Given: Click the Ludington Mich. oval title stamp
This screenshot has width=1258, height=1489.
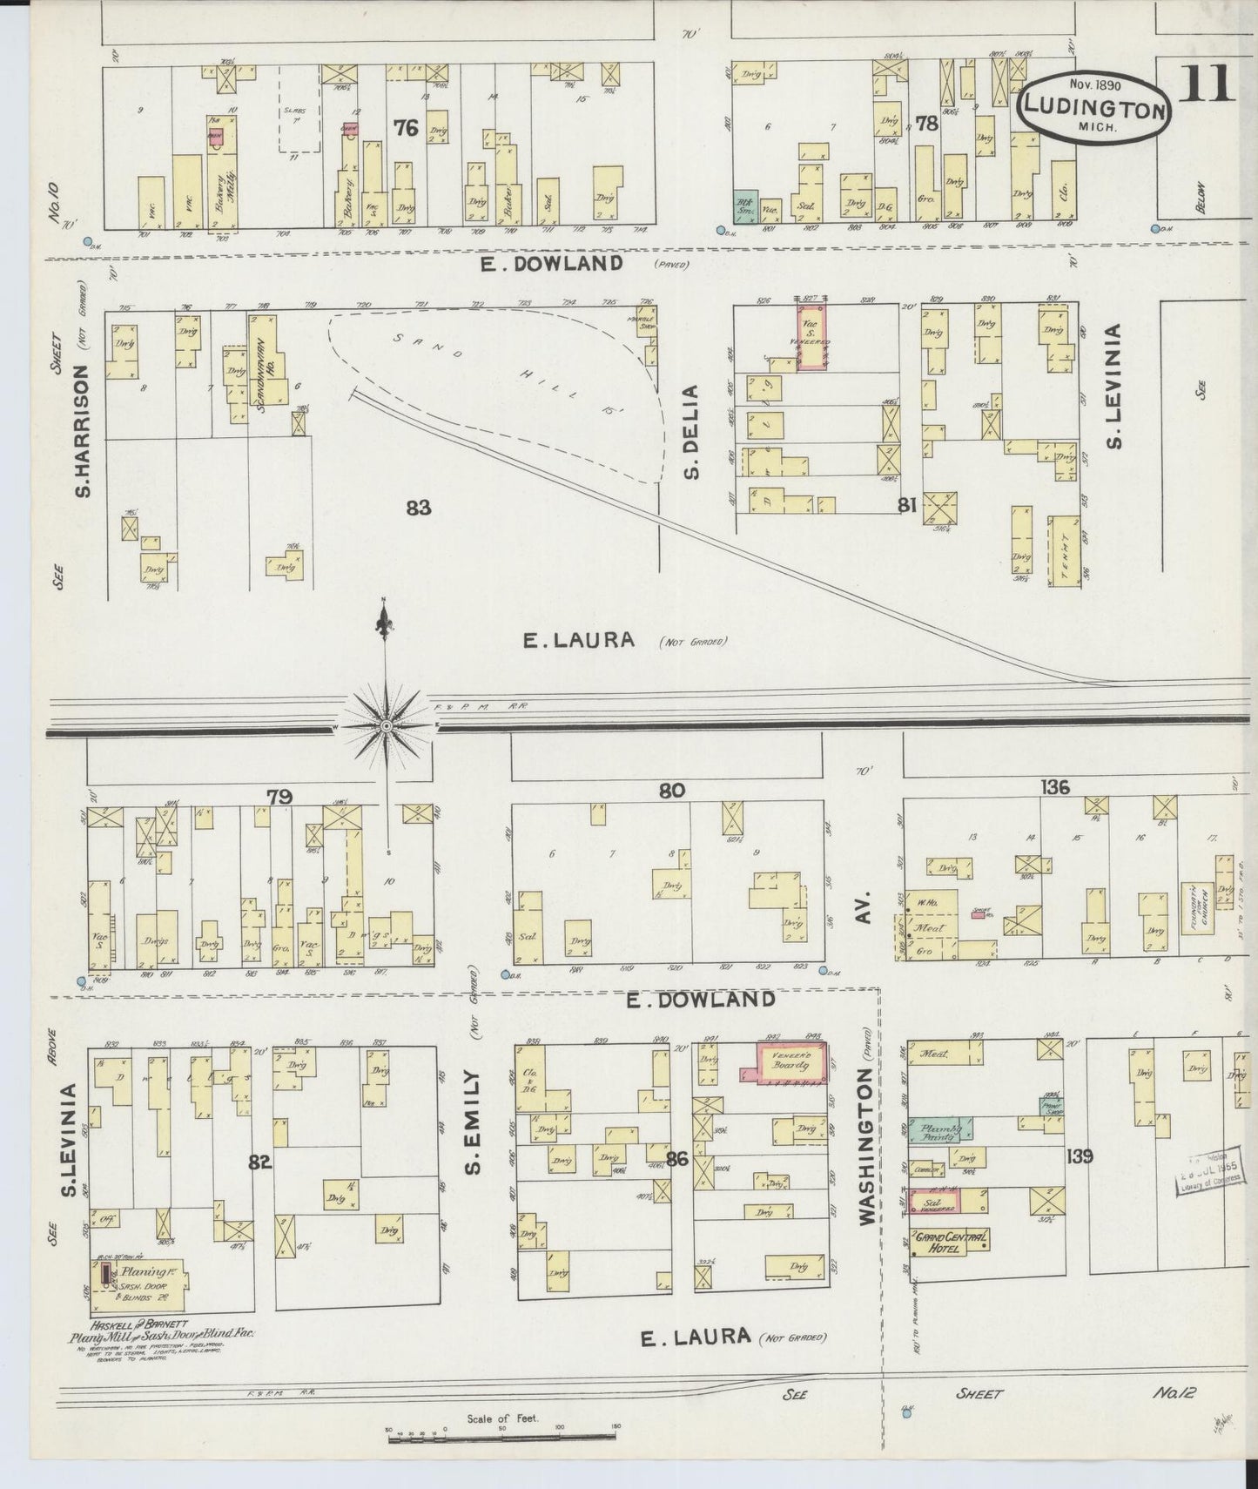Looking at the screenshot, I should click(1093, 111).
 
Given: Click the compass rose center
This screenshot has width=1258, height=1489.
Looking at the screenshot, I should click(386, 725).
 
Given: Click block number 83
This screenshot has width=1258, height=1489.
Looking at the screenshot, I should click(418, 507).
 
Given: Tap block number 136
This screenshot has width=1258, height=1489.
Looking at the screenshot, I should click(1054, 787).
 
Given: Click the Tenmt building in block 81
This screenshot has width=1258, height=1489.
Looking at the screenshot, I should click(1061, 550).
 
